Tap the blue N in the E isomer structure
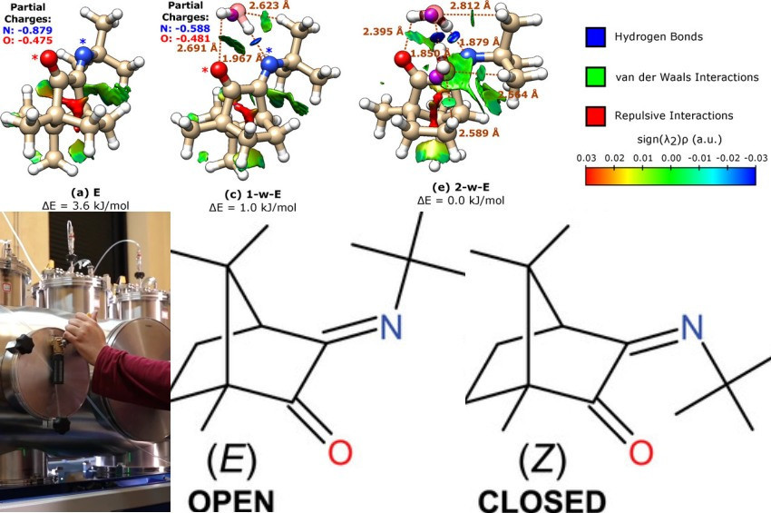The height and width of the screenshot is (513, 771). point(391,328)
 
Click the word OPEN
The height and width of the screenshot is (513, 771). point(222,501)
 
